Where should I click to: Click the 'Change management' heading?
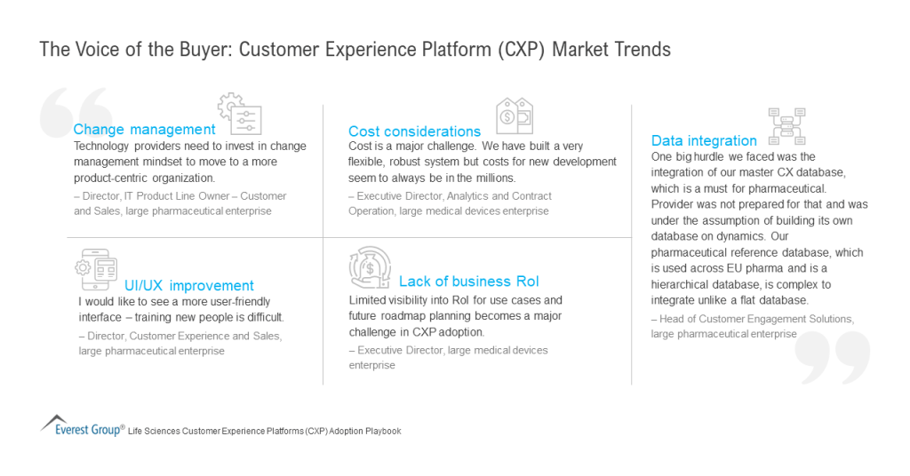click(x=144, y=130)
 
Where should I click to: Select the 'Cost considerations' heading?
click(x=414, y=131)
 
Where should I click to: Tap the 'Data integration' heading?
click(x=704, y=140)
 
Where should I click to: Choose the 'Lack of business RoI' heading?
click(x=468, y=282)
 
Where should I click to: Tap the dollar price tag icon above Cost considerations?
click(x=513, y=116)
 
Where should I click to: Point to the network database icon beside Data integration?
click(x=786, y=126)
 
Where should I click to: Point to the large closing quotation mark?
click(x=832, y=357)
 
